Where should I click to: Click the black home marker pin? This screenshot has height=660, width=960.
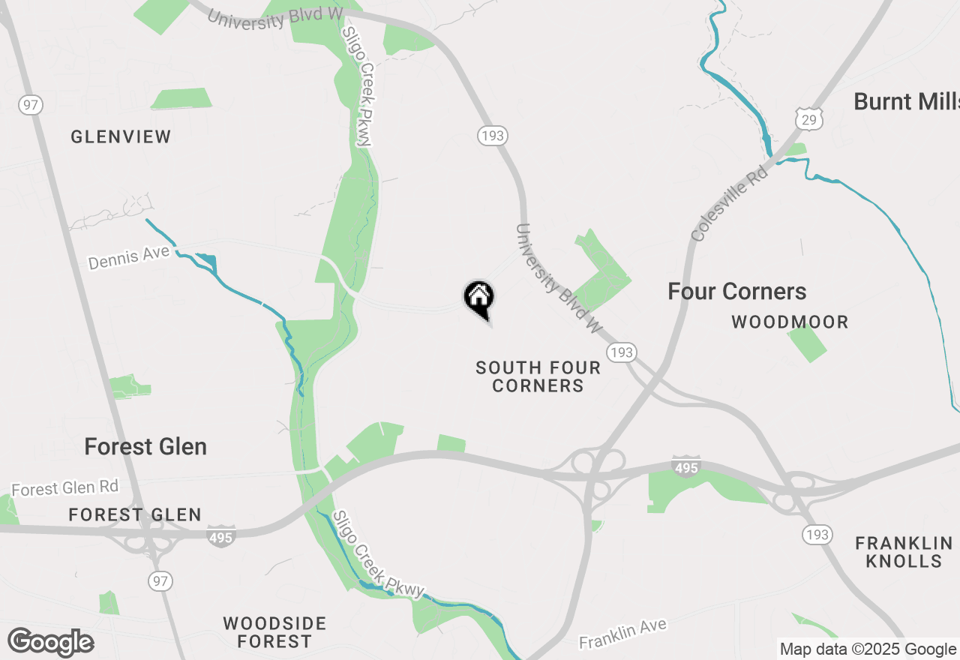click(x=478, y=297)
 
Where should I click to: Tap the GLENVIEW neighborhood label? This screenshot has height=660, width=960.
click(x=121, y=136)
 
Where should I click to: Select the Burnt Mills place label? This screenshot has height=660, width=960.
click(x=906, y=101)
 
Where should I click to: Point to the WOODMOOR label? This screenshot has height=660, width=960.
click(x=790, y=322)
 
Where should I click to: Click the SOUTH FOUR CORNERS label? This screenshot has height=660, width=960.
click(x=538, y=376)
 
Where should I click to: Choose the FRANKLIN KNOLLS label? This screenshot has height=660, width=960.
click(x=904, y=552)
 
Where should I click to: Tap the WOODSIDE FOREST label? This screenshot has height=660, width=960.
click(x=274, y=632)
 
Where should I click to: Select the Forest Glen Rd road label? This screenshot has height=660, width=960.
click(x=65, y=488)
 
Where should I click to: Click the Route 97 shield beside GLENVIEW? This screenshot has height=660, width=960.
click(x=30, y=104)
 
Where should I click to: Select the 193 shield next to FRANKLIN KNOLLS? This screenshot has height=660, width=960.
click(x=816, y=534)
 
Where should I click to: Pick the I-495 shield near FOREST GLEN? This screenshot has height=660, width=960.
click(x=222, y=535)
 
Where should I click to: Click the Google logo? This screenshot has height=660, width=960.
click(x=50, y=642)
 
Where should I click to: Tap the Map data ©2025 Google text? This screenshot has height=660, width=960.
click(x=868, y=649)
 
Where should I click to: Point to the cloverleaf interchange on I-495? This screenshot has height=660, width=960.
click(x=598, y=472)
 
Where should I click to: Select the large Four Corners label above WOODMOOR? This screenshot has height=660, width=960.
click(x=736, y=291)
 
